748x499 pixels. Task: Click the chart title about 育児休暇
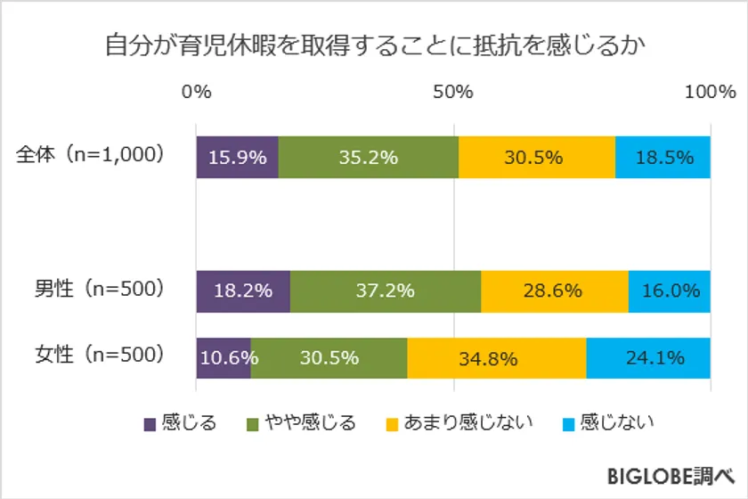click(374, 44)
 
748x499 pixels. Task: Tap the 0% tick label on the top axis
click(196, 92)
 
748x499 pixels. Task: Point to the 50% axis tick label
click(453, 92)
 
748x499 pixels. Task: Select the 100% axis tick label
click(710, 92)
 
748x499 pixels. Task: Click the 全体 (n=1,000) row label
click(92, 157)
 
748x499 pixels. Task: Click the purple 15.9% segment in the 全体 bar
click(237, 158)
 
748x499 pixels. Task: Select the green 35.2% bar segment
click(369, 158)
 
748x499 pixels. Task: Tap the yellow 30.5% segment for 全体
click(536, 158)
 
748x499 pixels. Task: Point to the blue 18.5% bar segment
click(663, 158)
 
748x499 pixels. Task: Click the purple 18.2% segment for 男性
click(243, 290)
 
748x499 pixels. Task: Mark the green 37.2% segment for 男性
click(386, 290)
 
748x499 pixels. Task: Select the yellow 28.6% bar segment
click(555, 290)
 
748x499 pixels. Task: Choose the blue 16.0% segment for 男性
click(670, 290)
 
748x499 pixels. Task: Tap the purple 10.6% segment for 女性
click(223, 358)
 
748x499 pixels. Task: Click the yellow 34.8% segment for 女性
click(497, 358)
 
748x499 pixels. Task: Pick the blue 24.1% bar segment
click(648, 358)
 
